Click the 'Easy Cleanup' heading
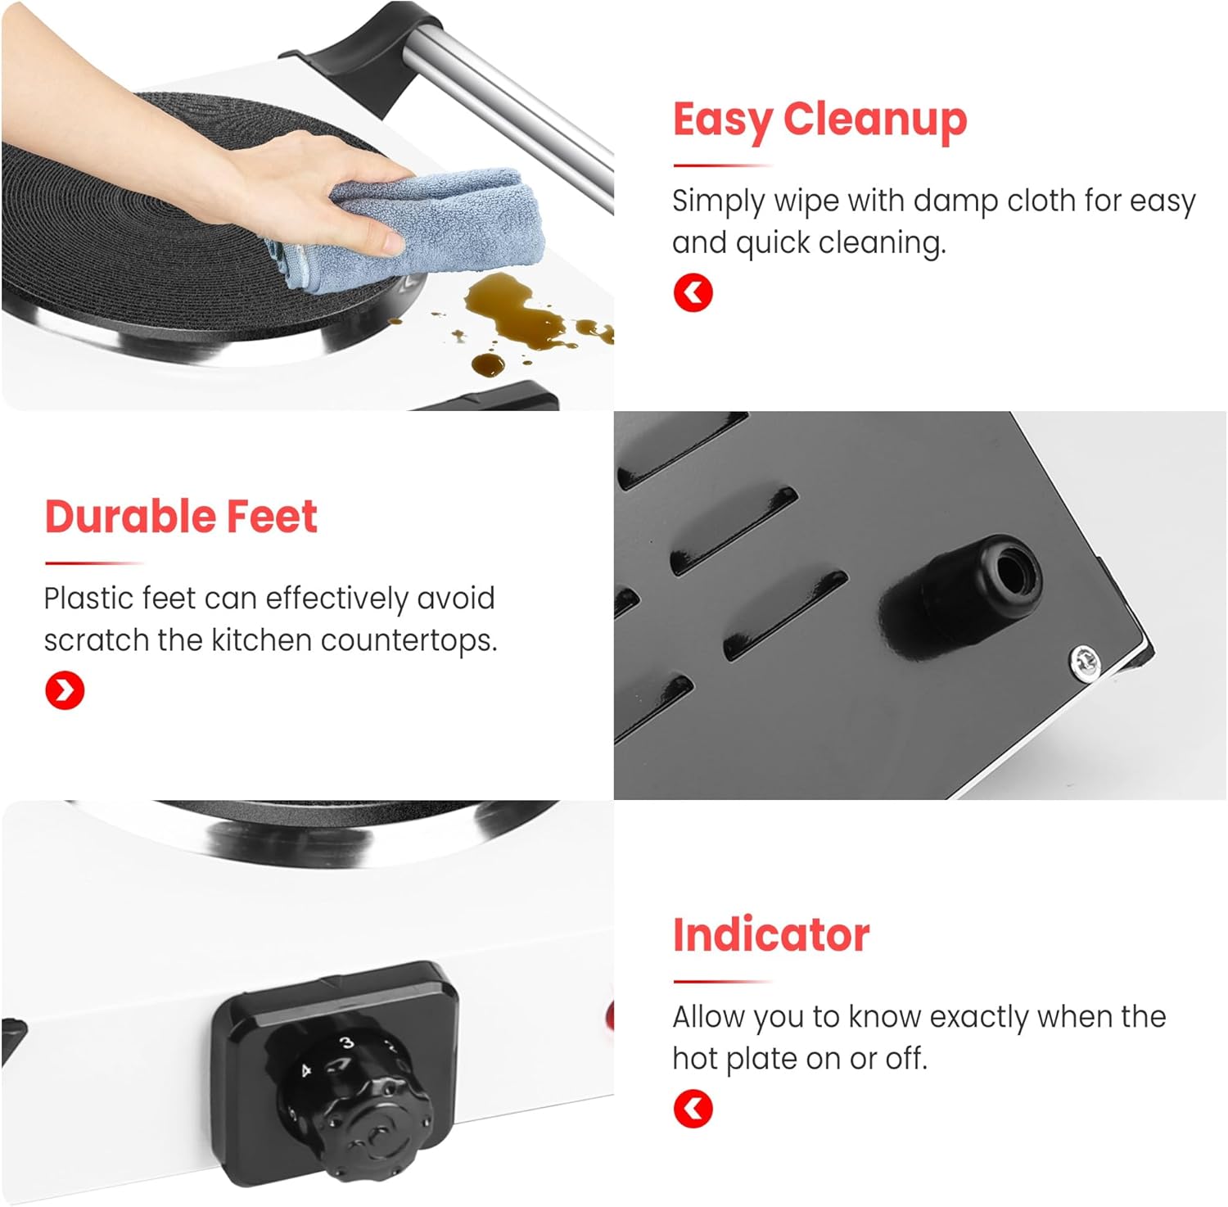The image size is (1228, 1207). click(819, 120)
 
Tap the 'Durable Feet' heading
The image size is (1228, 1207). click(181, 517)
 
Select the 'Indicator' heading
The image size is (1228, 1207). click(770, 935)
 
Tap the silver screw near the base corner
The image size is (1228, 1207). click(1084, 659)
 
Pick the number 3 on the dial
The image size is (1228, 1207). click(347, 1042)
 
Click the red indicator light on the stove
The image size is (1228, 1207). click(609, 1017)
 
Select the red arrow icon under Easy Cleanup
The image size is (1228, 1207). click(693, 292)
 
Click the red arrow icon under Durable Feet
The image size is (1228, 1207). click(65, 690)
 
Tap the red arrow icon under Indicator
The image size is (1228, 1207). click(693, 1109)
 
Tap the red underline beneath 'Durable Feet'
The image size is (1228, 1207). click(94, 563)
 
